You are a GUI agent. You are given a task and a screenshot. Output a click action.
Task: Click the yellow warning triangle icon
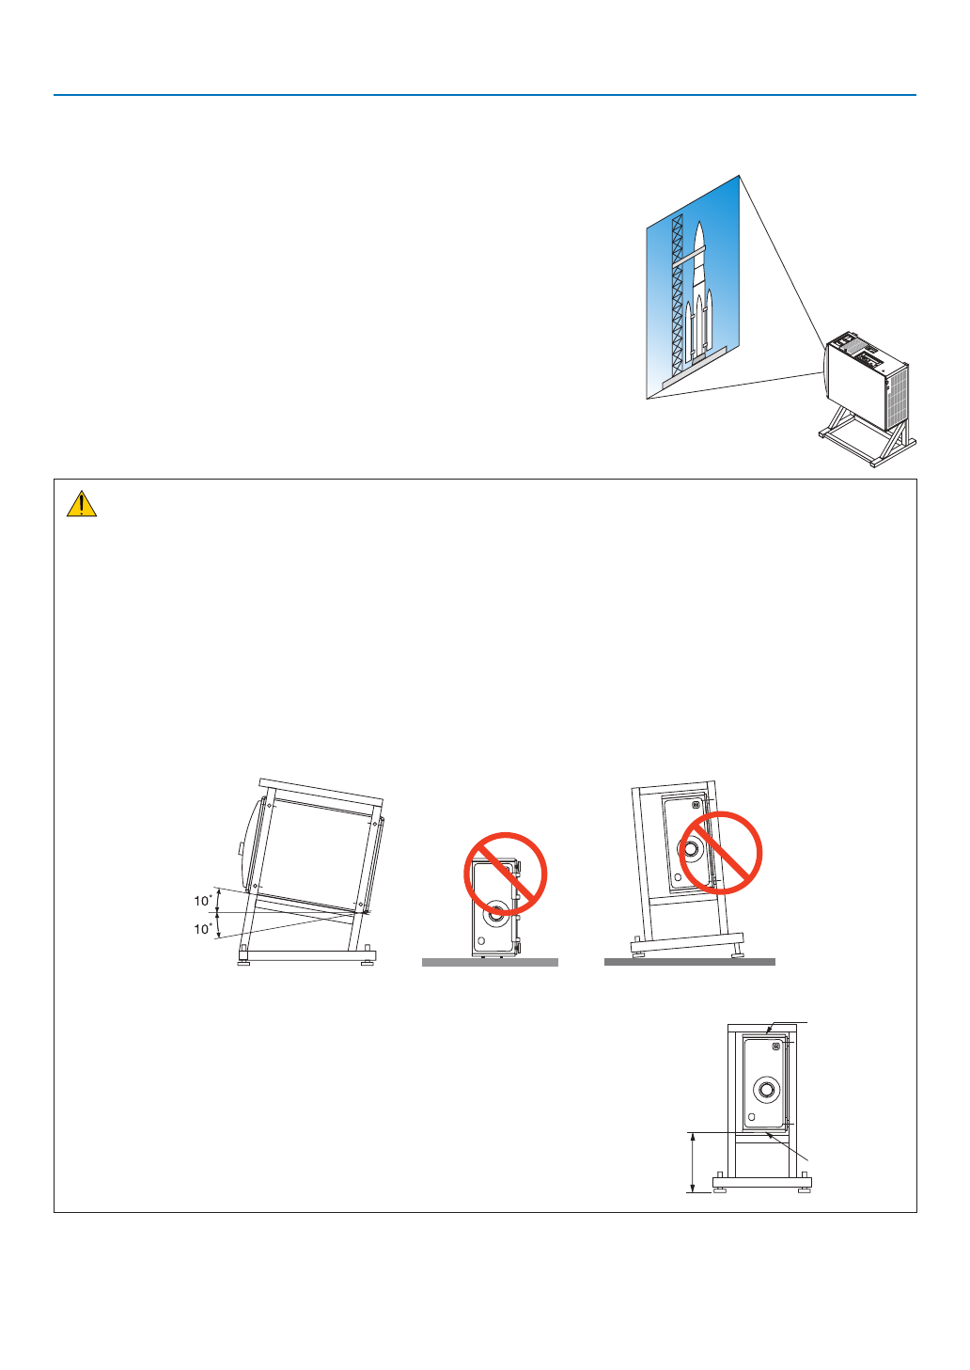[82, 505]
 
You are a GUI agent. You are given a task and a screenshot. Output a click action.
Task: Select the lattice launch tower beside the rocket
[677, 291]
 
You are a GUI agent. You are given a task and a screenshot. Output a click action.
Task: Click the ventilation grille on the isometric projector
[898, 394]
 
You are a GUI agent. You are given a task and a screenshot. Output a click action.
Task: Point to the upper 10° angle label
[203, 901]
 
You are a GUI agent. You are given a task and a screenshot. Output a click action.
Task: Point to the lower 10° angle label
[203, 929]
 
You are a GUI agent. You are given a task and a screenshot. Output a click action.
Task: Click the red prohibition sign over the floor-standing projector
[506, 874]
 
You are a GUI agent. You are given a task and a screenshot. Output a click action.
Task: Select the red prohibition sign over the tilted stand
[720, 853]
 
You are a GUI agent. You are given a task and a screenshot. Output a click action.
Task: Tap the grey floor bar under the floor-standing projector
[490, 963]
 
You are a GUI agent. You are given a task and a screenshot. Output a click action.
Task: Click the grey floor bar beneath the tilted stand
[689, 962]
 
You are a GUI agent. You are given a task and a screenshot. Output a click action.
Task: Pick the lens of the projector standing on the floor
[495, 912]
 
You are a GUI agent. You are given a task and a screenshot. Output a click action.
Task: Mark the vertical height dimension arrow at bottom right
[693, 1163]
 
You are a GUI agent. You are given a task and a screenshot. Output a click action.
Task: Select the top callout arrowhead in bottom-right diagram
[770, 1031]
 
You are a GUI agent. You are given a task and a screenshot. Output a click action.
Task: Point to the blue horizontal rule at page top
[484, 95]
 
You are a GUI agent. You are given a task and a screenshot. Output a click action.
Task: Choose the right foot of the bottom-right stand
[804, 1188]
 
